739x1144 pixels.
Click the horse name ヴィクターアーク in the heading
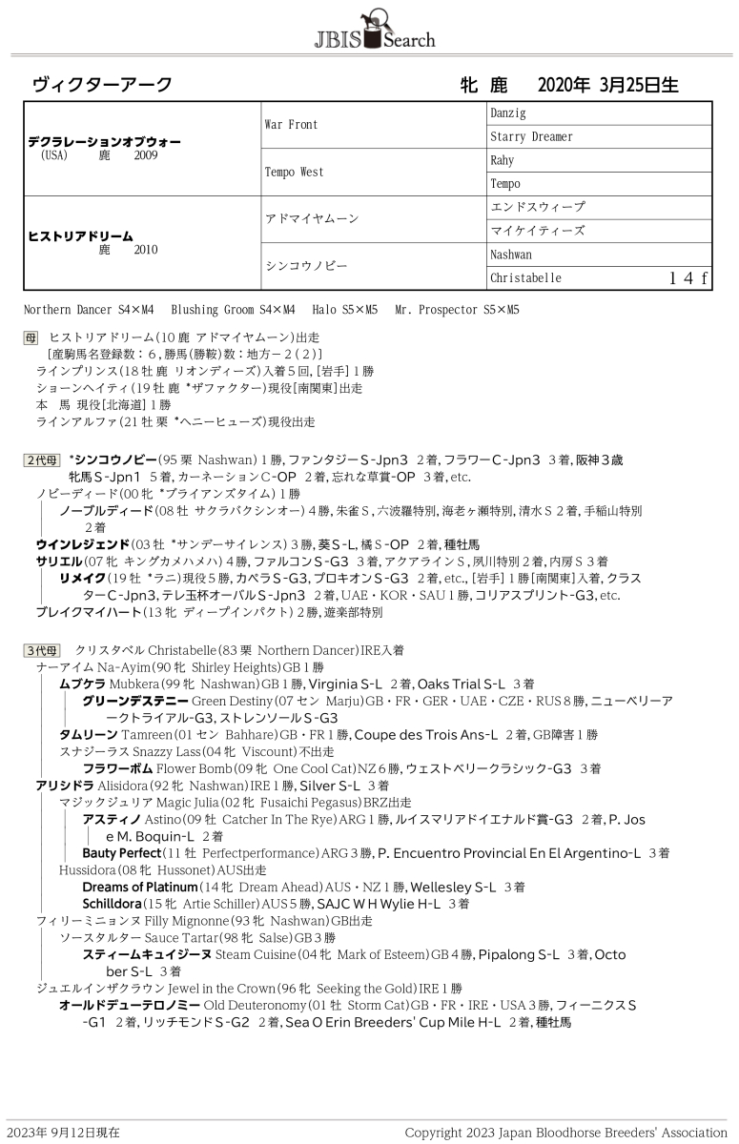[102, 85]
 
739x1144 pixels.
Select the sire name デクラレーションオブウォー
[104, 142]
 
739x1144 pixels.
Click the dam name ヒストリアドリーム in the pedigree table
[80, 236]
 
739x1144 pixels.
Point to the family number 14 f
[688, 278]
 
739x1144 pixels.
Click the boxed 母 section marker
[31, 337]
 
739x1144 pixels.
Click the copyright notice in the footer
[565, 1133]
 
